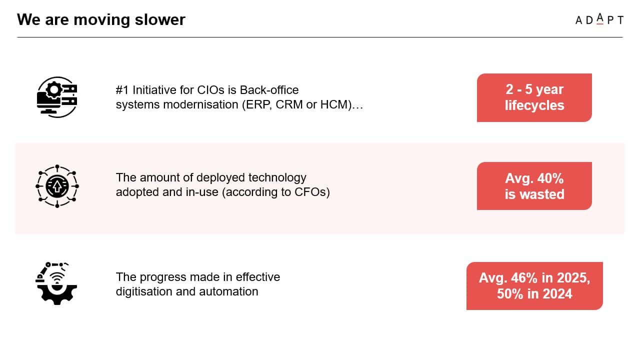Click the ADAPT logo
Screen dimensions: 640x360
coord(599,19)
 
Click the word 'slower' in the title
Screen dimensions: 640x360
coord(160,19)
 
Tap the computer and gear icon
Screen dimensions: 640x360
coord(57,97)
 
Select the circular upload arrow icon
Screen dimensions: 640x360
coord(57,186)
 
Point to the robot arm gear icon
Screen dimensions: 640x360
coord(56,283)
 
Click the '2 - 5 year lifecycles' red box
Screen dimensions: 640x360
coord(534,97)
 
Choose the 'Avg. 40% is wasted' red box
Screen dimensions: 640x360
coord(534,186)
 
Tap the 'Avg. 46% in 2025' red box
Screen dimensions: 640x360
coord(534,285)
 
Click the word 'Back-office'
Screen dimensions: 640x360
coord(269,90)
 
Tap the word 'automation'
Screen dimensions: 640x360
coord(228,291)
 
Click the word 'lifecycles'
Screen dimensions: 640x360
coord(534,105)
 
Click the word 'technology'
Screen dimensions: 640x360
coord(277,177)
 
